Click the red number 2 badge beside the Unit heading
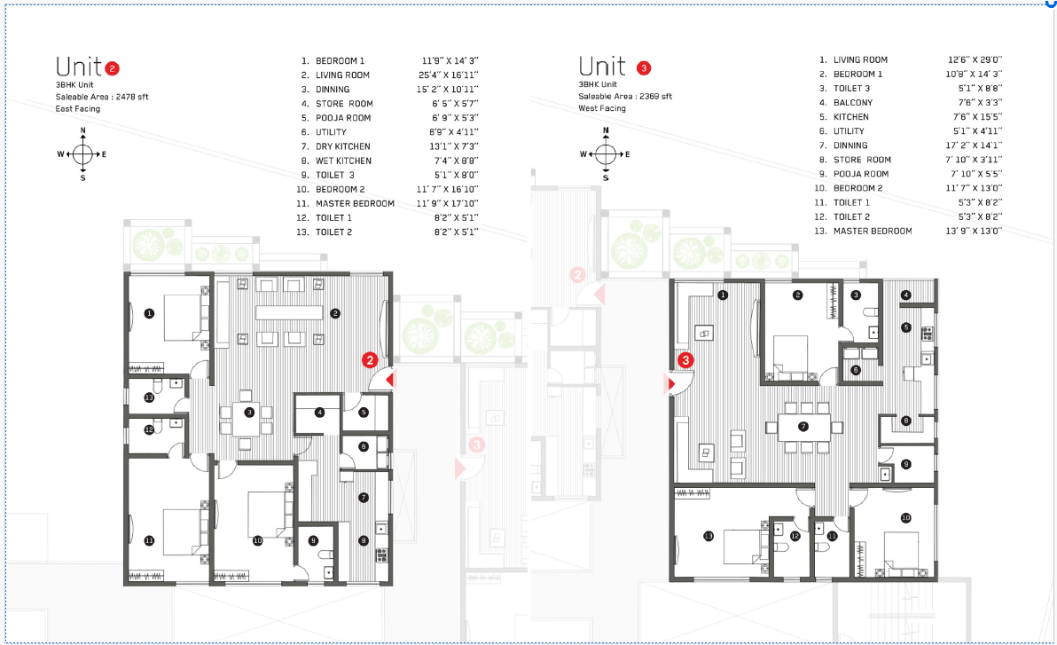(x=112, y=68)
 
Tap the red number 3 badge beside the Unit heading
(x=644, y=68)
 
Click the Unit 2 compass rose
(x=83, y=154)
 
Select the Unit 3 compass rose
(x=606, y=154)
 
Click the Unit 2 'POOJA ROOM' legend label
(x=343, y=118)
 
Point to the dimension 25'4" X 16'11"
(x=449, y=75)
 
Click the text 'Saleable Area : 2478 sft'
(x=102, y=98)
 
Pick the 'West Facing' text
(x=602, y=108)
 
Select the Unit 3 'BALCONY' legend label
(x=853, y=103)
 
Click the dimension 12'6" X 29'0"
(x=975, y=60)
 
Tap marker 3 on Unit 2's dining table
(x=249, y=413)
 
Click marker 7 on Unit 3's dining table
(x=803, y=427)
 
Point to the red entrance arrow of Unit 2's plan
(x=389, y=380)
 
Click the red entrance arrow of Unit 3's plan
(x=670, y=384)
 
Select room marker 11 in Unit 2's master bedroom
(x=149, y=540)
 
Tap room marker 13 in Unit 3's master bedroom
(x=709, y=537)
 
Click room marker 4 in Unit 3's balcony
(x=906, y=295)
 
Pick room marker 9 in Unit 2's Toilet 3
(x=313, y=540)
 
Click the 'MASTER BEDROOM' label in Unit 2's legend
(x=356, y=204)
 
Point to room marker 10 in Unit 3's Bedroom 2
(x=906, y=518)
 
